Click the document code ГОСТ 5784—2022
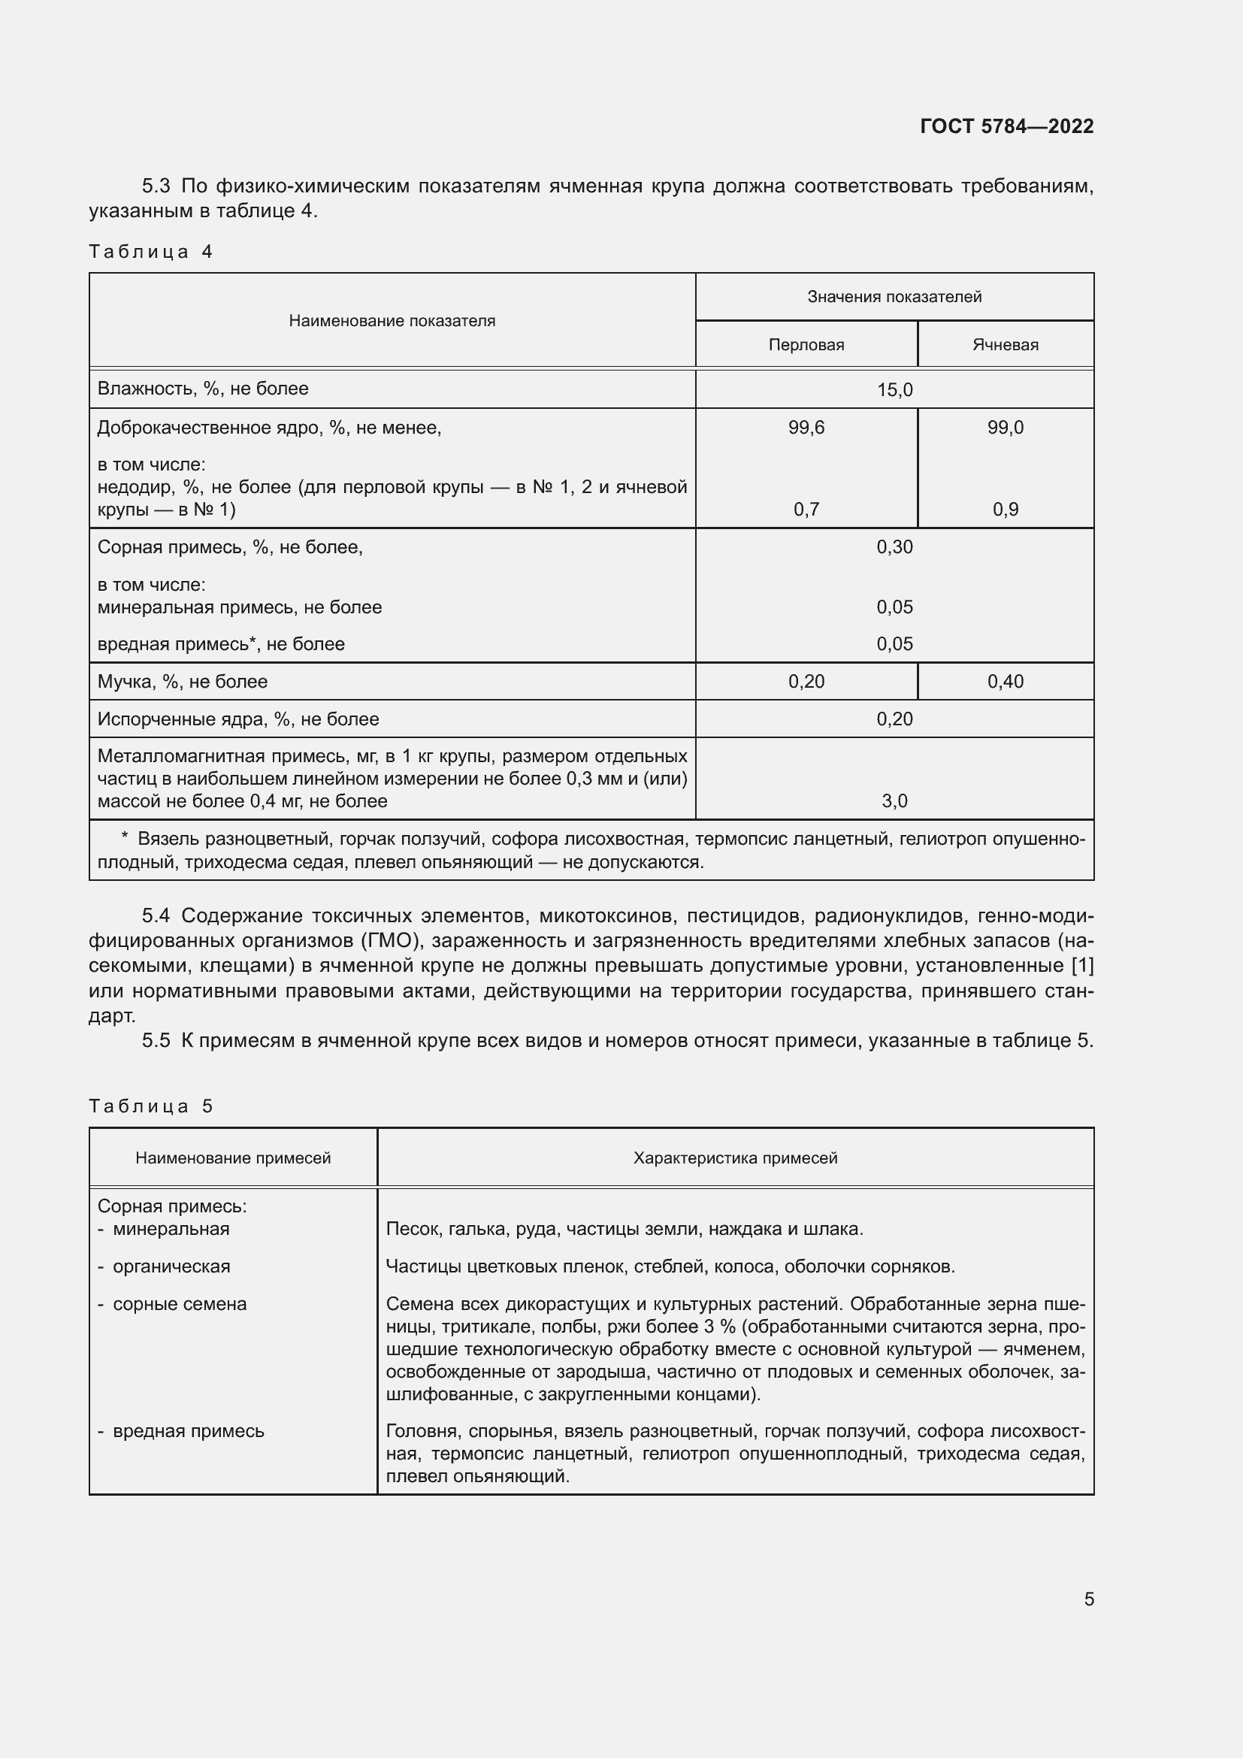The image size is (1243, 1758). (1006, 126)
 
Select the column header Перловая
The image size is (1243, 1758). (806, 344)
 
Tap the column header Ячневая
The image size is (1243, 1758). (1005, 344)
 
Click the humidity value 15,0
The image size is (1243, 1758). (894, 390)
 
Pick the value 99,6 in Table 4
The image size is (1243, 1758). (806, 427)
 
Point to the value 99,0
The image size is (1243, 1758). (1005, 427)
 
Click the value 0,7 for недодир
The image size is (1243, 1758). (806, 509)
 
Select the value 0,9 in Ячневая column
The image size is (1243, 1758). (1005, 509)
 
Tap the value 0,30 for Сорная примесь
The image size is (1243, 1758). (894, 546)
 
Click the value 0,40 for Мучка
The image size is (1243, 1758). (1005, 682)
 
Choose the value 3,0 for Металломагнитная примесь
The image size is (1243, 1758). (894, 801)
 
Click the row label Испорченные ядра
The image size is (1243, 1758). (238, 719)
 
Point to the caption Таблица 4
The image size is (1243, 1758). (151, 251)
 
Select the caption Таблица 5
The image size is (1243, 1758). (151, 1106)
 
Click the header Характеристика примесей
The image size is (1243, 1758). (735, 1157)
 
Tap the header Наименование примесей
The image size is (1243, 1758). (233, 1157)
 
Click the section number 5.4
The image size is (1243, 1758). (156, 915)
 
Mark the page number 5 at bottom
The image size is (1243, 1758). (1088, 1599)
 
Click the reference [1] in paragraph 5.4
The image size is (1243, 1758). (1081, 967)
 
